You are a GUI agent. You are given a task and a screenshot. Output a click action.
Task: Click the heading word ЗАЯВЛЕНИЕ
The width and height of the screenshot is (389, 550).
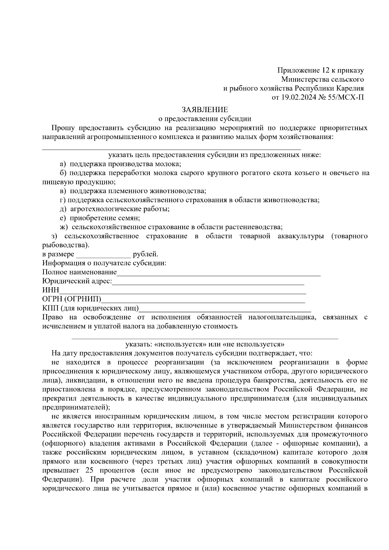point(205,110)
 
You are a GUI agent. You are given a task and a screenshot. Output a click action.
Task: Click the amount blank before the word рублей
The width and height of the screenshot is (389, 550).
point(103,254)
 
